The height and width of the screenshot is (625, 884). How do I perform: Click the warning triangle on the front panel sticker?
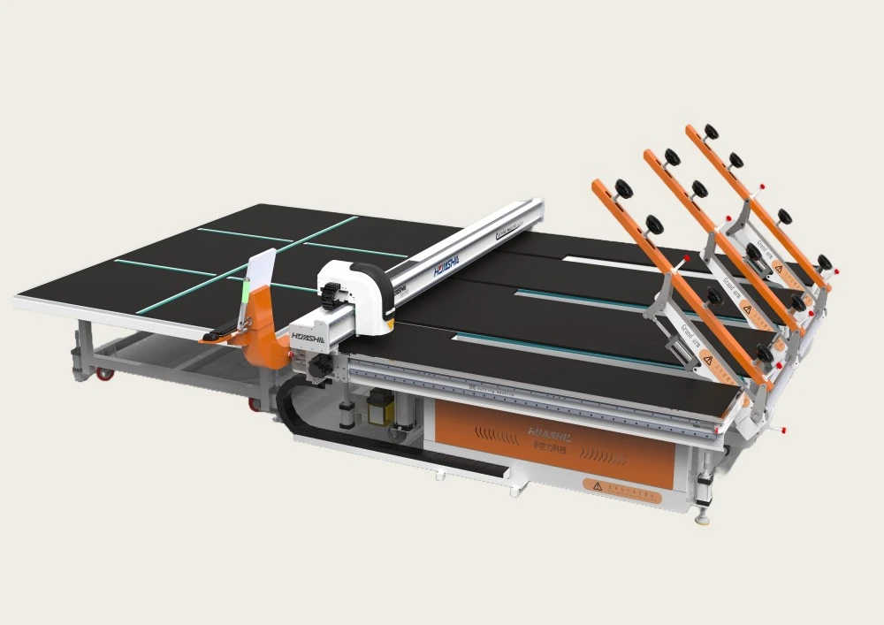point(598,485)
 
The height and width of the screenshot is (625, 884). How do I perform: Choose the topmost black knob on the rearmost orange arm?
point(711,132)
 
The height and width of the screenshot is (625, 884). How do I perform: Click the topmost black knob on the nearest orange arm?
point(624,188)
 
